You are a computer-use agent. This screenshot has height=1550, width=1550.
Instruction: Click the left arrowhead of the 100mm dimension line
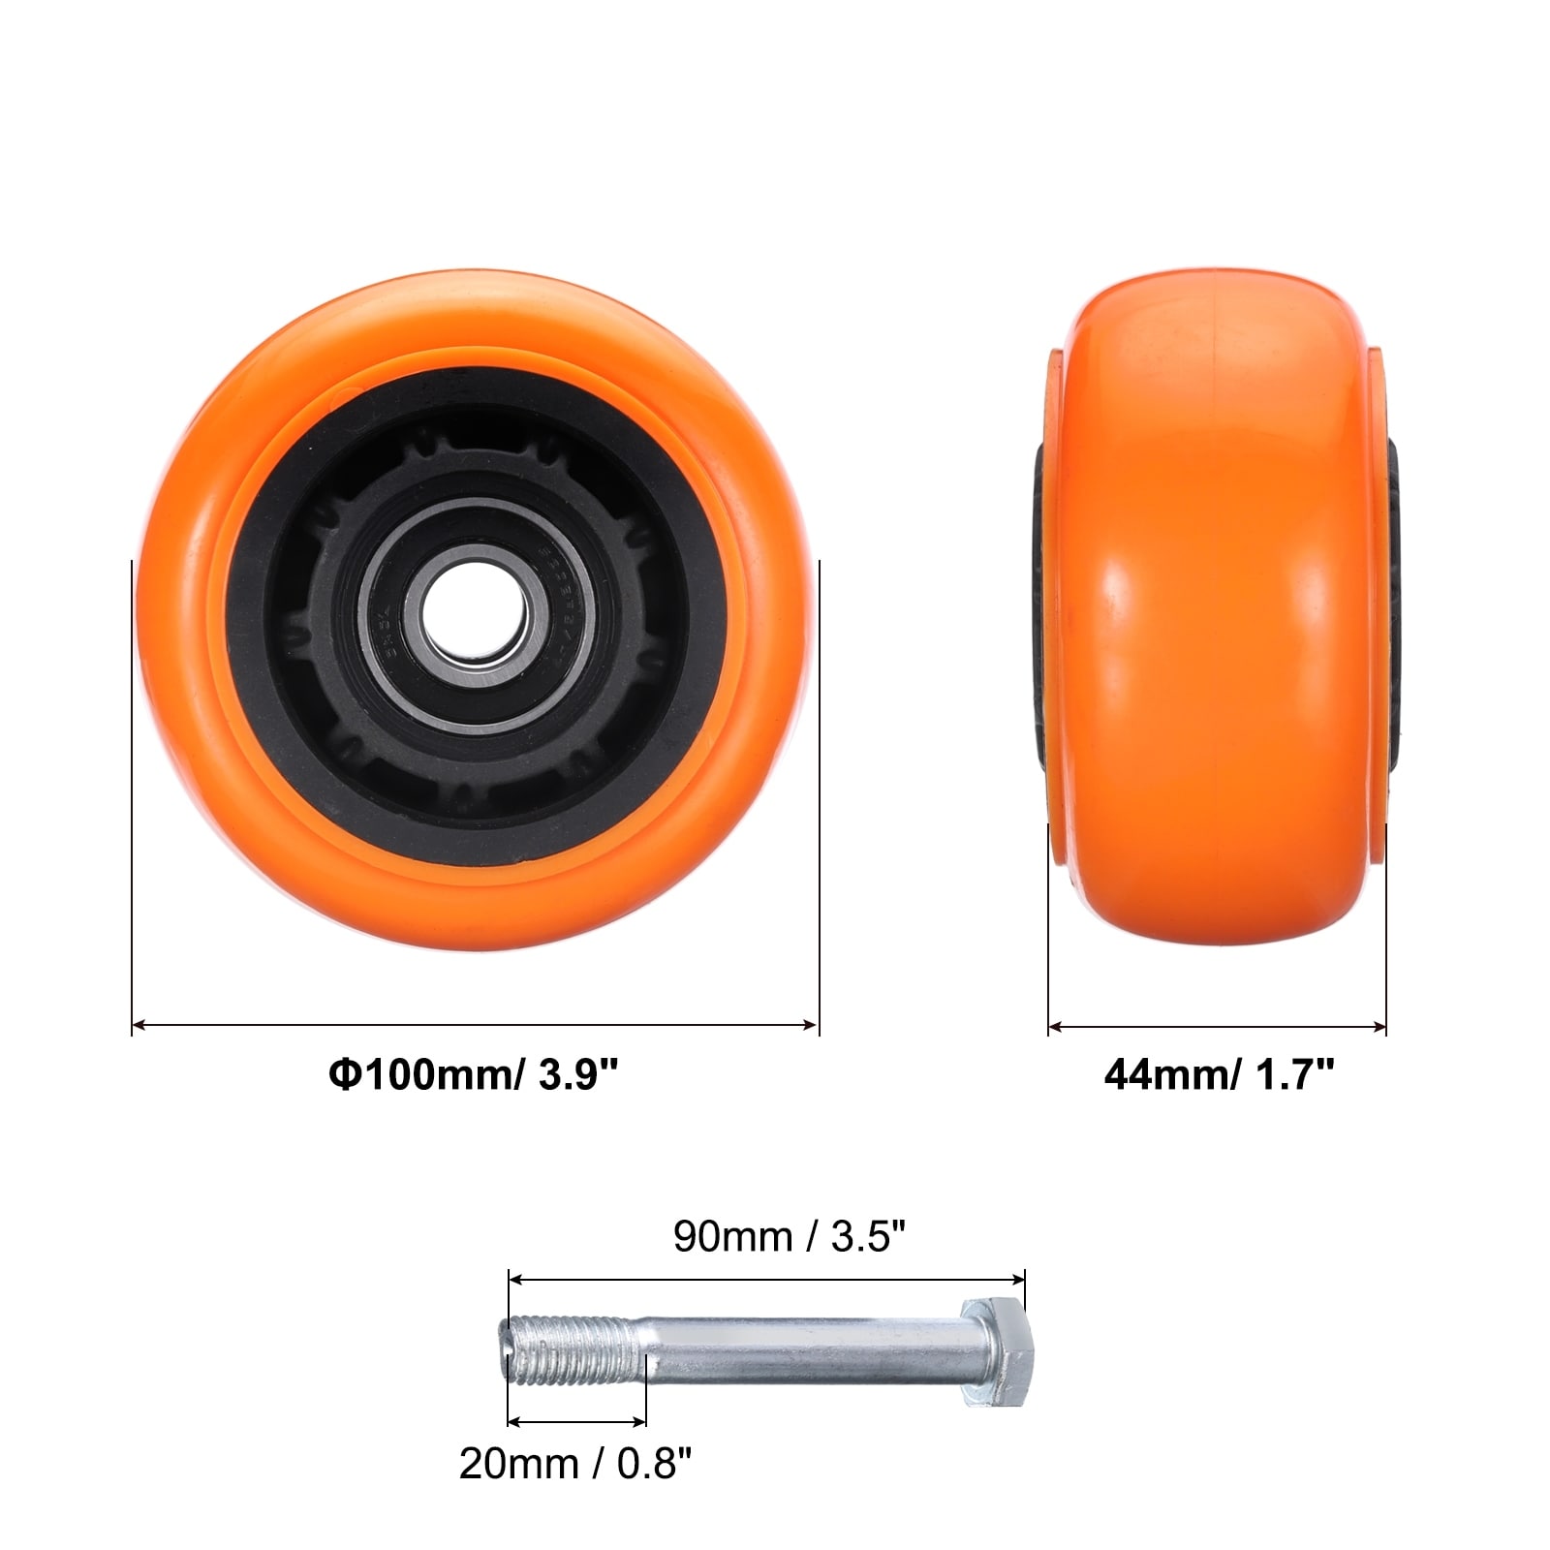tap(139, 1024)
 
